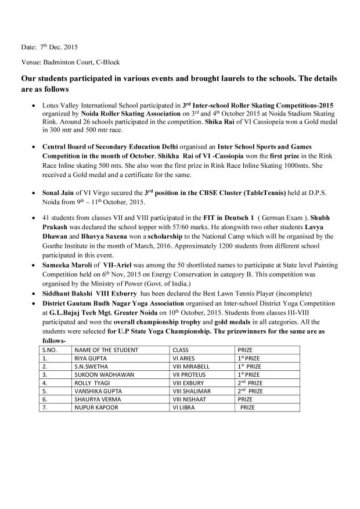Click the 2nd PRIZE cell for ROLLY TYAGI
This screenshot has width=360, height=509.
[249, 384]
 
